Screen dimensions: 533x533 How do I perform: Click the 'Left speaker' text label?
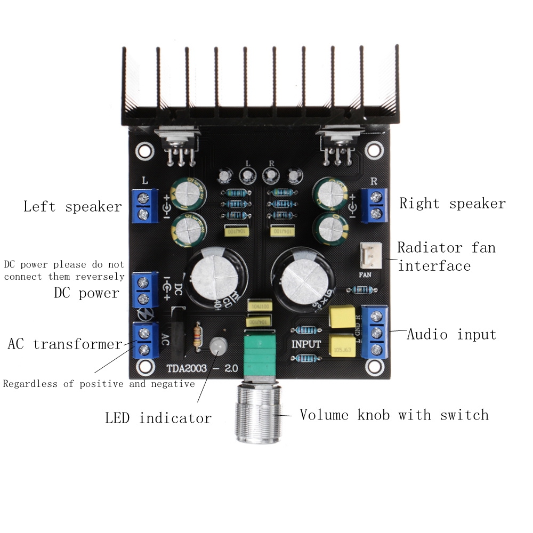click(72, 207)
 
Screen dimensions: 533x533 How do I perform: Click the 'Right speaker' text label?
click(452, 204)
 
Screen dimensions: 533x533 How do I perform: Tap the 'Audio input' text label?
click(451, 335)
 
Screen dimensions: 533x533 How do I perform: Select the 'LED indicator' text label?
click(158, 418)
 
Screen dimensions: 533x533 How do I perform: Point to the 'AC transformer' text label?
click(65, 344)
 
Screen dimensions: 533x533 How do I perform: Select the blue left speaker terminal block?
click(143, 207)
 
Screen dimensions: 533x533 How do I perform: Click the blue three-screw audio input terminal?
click(375, 332)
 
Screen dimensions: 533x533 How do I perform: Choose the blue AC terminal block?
click(143, 341)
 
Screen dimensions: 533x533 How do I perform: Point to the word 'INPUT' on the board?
click(306, 344)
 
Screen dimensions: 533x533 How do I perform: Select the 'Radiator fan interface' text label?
click(447, 256)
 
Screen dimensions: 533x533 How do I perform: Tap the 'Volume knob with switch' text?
click(394, 415)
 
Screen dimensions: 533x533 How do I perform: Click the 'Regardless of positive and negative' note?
click(99, 384)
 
